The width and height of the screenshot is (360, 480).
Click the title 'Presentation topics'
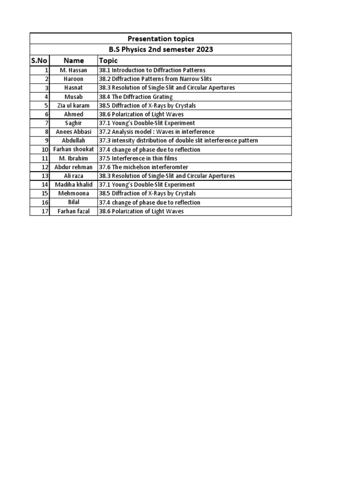160,39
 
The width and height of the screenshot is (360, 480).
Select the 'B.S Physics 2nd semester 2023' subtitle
160,50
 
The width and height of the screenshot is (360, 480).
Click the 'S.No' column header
39,60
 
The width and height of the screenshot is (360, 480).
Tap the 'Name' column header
74,60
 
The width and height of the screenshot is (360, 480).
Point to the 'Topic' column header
108,60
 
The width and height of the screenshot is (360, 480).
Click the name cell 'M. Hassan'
74,70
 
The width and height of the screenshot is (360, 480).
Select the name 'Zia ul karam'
74,105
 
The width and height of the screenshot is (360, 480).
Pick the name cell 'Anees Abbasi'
74,132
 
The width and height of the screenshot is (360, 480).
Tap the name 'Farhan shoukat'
74,150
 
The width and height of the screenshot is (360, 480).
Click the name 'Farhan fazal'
74,211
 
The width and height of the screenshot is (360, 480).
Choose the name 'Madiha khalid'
74,185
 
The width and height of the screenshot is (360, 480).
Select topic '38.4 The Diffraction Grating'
135,97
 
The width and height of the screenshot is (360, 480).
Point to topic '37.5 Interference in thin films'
137,158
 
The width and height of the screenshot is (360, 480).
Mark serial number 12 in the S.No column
45,167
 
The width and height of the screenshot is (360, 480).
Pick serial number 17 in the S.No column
45,211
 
